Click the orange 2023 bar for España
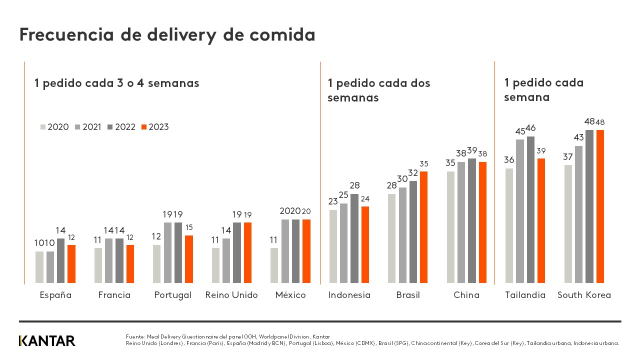tap(71, 264)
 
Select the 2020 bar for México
tap(274, 266)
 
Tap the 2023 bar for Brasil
tap(424, 227)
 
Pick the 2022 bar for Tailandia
tap(530, 210)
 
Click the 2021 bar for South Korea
tap(579, 215)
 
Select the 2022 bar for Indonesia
tap(354, 239)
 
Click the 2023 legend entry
tap(155, 127)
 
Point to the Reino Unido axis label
tap(231, 295)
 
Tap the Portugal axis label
tap(172, 295)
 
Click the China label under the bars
tap(466, 295)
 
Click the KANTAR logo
tap(47, 341)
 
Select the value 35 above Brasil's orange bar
tap(424, 163)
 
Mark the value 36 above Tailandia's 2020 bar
tap(509, 160)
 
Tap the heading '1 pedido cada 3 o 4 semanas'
tap(116, 83)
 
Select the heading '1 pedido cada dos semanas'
tap(378, 90)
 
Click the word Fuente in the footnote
tap(135, 336)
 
